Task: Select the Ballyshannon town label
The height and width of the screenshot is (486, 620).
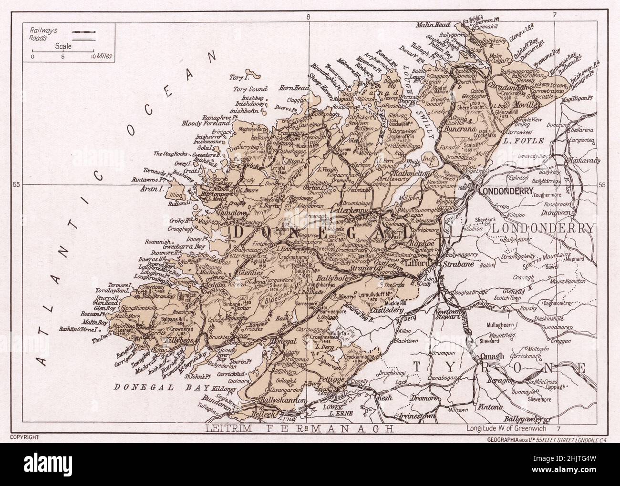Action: pyautogui.click(x=281, y=401)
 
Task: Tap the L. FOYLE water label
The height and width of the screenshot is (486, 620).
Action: pyautogui.click(x=519, y=142)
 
